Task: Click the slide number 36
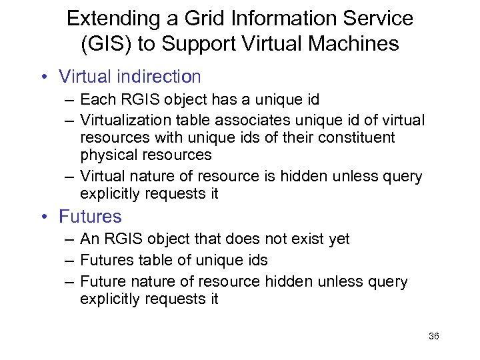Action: [x=434, y=337]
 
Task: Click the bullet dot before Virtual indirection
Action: [x=43, y=77]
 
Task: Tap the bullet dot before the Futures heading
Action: [x=43, y=217]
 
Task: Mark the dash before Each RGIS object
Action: [x=69, y=100]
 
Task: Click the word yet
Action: [x=339, y=239]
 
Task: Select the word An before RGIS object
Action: [x=89, y=239]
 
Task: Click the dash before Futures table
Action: [x=69, y=260]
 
